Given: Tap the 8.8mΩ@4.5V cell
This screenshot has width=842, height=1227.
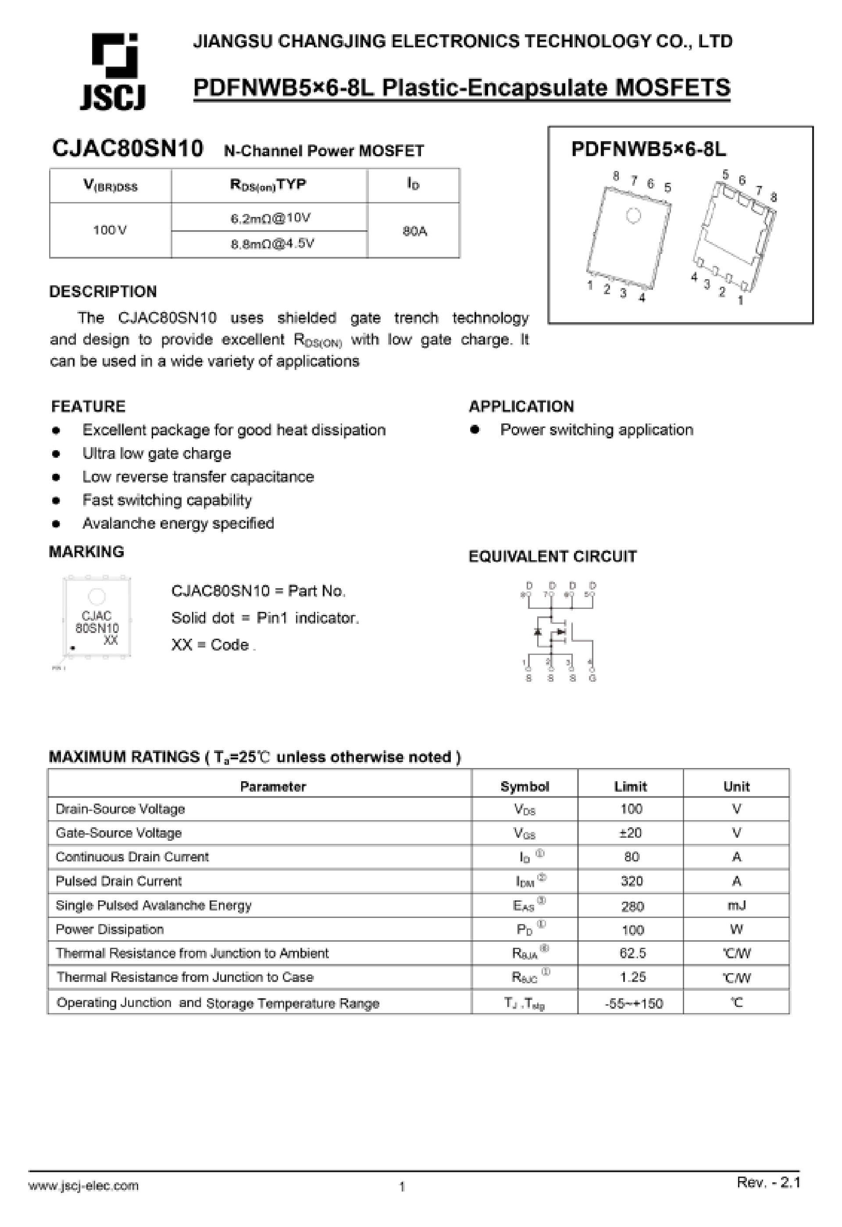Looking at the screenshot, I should tap(272, 244).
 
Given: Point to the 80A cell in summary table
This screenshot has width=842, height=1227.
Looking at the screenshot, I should tap(414, 231).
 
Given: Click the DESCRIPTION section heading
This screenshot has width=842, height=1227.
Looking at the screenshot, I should tap(103, 292).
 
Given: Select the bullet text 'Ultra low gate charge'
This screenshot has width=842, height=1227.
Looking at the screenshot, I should tap(157, 454).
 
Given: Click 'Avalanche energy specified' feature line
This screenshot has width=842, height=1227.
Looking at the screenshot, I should tap(178, 523).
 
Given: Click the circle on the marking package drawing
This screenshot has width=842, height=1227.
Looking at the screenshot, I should tap(96, 597).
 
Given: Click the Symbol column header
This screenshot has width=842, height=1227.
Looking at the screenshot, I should tap(524, 787).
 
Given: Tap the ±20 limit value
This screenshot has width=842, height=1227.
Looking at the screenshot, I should tap(630, 833).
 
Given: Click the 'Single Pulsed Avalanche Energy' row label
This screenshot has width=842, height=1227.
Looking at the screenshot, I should tap(154, 906).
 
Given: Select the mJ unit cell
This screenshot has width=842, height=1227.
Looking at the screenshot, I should tap(736, 906).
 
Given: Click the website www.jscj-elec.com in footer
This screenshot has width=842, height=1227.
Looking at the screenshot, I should tap(83, 1186).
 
